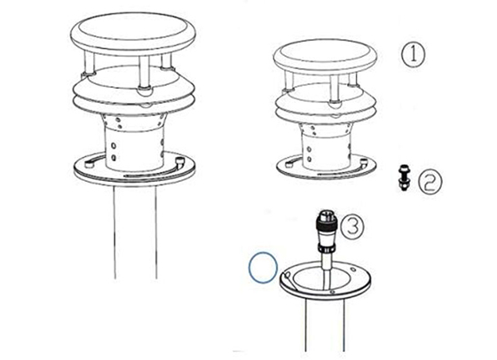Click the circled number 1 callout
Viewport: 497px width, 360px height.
[x=413, y=54]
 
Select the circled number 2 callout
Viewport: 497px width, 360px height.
[x=430, y=183]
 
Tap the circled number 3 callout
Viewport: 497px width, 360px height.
[x=352, y=226]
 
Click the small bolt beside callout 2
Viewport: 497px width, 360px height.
[x=404, y=177]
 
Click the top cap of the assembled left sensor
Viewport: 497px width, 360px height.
[x=133, y=34]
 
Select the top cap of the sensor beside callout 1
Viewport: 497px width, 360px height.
[x=326, y=57]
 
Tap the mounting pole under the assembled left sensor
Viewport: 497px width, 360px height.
[x=135, y=232]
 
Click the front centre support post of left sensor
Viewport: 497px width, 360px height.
[x=144, y=74]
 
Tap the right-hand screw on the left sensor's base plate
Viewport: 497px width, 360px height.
[x=180, y=161]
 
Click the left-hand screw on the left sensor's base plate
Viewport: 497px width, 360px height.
[x=89, y=164]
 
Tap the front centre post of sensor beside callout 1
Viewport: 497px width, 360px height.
[x=335, y=90]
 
